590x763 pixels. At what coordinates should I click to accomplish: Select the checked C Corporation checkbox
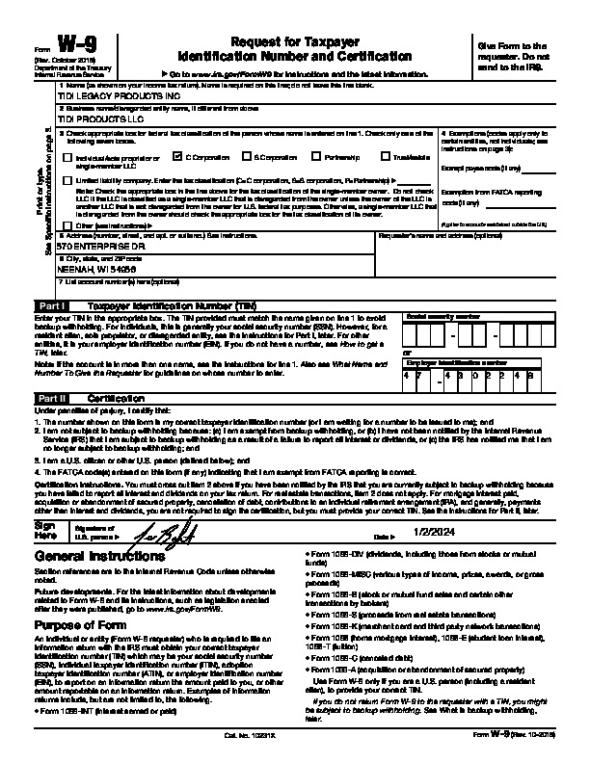tap(178, 155)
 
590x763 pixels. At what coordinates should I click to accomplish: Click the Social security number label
tap(442, 315)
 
